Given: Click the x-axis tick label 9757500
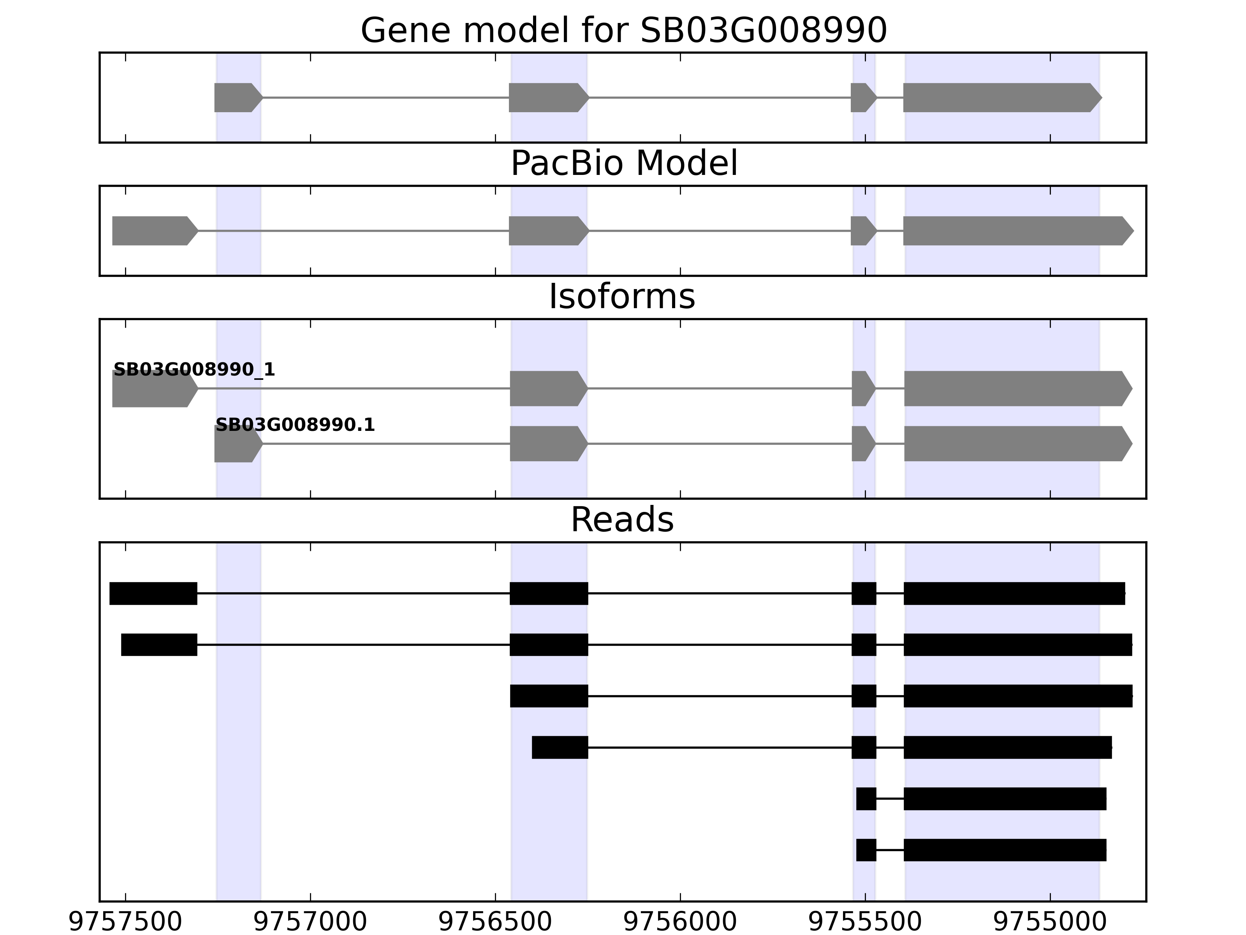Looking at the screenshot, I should [125, 923].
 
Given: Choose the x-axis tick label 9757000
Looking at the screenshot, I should [310, 923].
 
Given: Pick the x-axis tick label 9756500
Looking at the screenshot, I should [495, 923].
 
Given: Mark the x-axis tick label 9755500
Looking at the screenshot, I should [865, 923].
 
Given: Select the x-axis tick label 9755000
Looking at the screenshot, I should [1050, 923].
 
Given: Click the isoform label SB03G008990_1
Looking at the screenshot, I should [194, 370].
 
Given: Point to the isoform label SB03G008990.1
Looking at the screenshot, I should [295, 425].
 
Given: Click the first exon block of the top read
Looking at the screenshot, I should [153, 593].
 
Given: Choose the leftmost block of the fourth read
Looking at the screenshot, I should [560, 747].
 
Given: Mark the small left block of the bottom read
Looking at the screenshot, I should [866, 850].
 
